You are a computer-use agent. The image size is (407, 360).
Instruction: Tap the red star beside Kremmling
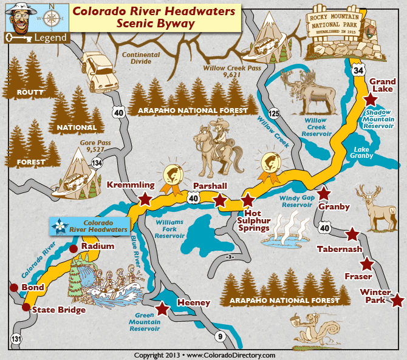click(x=145, y=199)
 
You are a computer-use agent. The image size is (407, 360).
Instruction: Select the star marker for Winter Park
click(x=397, y=301)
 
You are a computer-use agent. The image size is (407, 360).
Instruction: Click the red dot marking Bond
click(x=13, y=287)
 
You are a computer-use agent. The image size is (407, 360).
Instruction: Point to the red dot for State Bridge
click(x=26, y=307)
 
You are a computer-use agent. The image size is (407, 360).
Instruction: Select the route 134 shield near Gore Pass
click(x=97, y=162)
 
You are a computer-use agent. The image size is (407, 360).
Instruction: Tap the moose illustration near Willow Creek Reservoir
click(x=310, y=91)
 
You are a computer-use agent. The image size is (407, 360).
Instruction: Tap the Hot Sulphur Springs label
click(x=252, y=220)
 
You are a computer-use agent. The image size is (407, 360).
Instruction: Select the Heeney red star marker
click(x=162, y=308)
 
